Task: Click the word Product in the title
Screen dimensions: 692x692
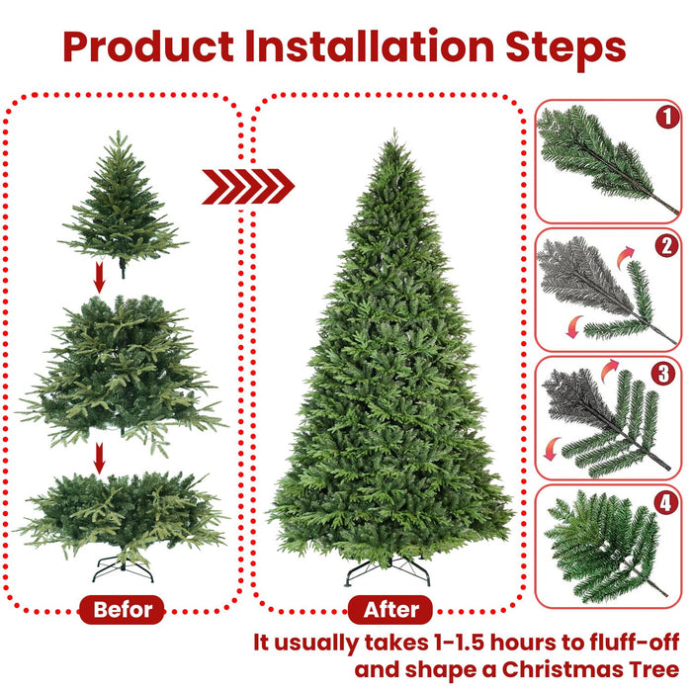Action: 147,46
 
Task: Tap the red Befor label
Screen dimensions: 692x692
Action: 124,609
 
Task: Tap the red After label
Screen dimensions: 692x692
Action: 391,609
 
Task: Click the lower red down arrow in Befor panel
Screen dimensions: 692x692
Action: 99,457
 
